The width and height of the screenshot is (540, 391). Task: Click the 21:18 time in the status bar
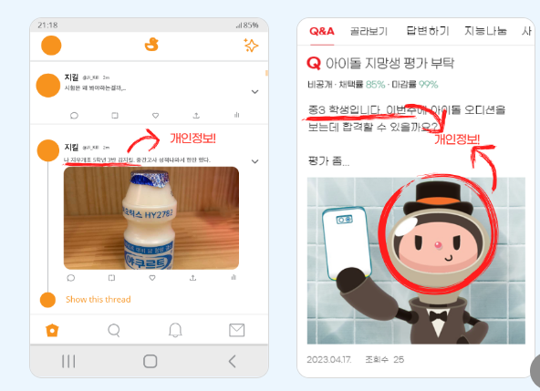[x=47, y=25]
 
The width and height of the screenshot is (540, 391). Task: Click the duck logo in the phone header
[x=151, y=45]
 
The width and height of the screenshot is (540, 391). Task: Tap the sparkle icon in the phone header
[x=251, y=46]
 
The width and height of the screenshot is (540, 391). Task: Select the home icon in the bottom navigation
[x=52, y=330]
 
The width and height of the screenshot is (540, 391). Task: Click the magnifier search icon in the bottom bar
[x=114, y=330]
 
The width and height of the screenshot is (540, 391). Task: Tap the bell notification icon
[x=175, y=330]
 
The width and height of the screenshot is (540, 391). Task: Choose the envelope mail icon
[x=236, y=330]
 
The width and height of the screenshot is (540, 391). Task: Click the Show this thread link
[x=98, y=299]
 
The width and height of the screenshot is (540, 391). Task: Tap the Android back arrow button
[x=232, y=361]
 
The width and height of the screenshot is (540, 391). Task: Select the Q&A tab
[x=322, y=31]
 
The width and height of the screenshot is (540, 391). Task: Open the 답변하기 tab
[x=427, y=31]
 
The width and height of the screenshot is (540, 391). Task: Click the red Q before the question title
[x=315, y=64]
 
